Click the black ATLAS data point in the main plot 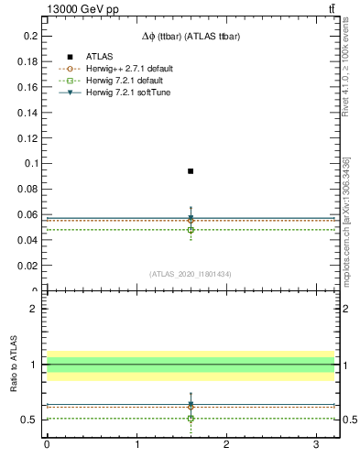tap(191, 171)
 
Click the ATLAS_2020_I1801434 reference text tap(190, 274)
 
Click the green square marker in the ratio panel tap(191, 418)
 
